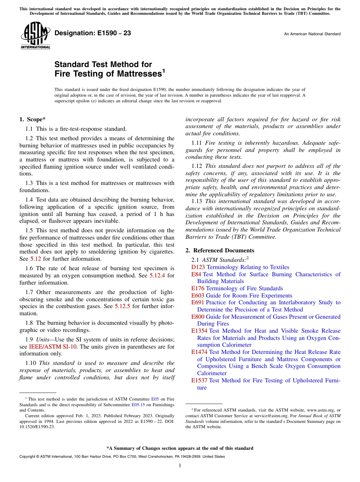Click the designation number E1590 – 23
(x=93, y=33)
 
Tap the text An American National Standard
(x=312, y=34)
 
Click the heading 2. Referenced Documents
(x=220, y=250)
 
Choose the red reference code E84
(x=196, y=274)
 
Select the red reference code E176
(x=198, y=288)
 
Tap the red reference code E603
(x=198, y=296)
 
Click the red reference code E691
(x=198, y=302)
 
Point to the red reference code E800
(x=198, y=317)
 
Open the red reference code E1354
(x=199, y=331)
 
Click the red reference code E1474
(x=199, y=352)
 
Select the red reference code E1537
(x=199, y=380)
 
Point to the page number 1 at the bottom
(x=180, y=466)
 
